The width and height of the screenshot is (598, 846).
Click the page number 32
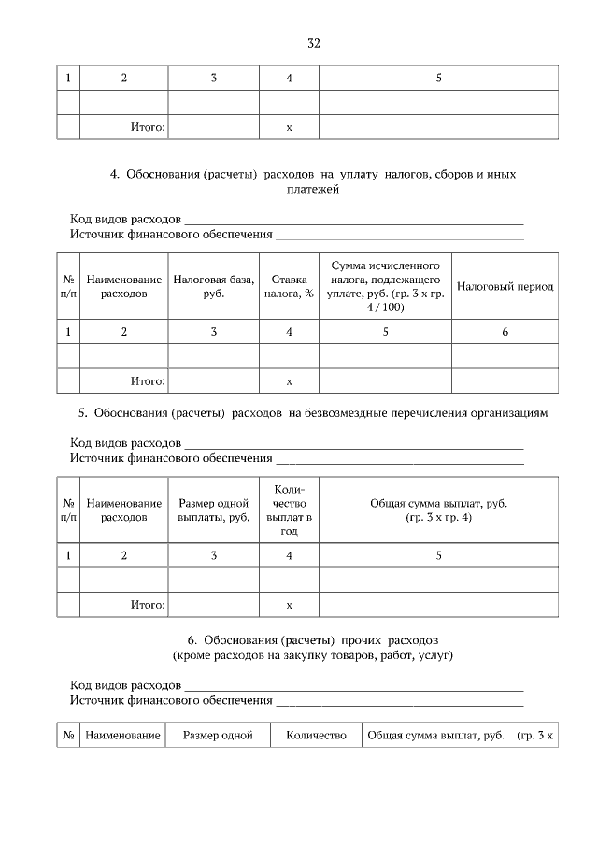click(x=314, y=43)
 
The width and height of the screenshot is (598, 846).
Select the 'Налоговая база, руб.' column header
click(x=213, y=286)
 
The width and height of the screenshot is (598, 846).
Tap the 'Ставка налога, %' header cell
click(x=289, y=286)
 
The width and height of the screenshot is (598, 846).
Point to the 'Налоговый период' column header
click(x=505, y=286)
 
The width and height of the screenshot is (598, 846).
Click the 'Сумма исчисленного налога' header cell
click(x=385, y=286)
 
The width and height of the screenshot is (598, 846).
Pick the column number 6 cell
click(x=505, y=331)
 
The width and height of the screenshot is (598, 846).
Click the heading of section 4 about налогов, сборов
click(x=313, y=181)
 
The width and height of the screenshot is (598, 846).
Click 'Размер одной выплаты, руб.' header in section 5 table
click(x=213, y=510)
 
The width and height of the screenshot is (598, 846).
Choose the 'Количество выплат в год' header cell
click(x=289, y=510)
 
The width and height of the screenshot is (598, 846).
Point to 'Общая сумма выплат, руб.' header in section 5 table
click(x=438, y=510)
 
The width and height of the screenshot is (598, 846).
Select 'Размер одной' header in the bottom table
click(x=218, y=736)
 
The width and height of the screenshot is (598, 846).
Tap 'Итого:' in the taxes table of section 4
click(x=147, y=381)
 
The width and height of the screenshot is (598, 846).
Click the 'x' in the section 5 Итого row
click(x=289, y=605)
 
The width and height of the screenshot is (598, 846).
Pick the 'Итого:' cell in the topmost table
click(x=147, y=126)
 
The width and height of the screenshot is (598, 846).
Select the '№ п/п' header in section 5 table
click(x=68, y=510)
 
